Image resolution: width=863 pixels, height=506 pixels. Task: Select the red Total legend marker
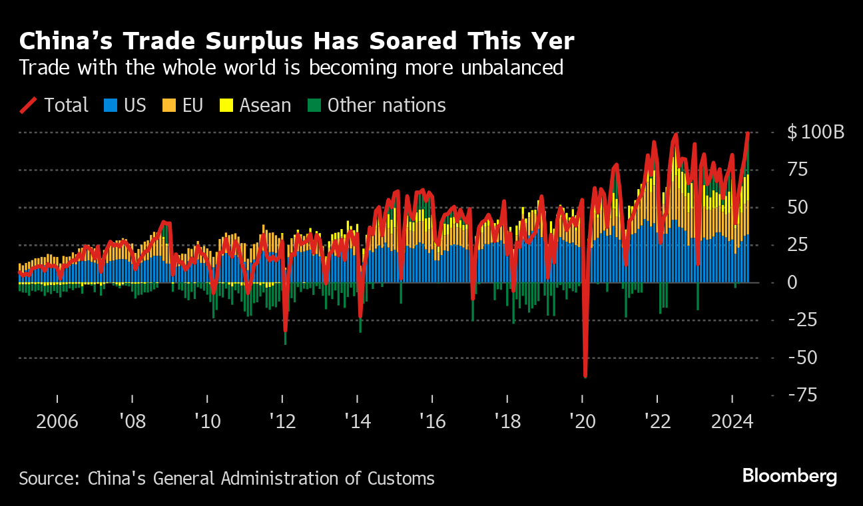28,105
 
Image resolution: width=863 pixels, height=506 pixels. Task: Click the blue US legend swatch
111,105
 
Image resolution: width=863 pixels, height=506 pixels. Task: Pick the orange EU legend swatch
169,105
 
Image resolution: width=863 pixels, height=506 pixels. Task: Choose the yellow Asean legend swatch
226,105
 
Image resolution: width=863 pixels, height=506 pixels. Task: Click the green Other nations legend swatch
314,105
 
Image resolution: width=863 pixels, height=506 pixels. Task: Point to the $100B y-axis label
816,132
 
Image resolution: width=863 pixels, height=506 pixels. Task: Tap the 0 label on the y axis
793,282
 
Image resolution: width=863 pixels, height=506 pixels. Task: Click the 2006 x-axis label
57,421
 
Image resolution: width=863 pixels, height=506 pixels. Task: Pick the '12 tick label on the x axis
283,421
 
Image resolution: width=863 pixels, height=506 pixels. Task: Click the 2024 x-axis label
732,421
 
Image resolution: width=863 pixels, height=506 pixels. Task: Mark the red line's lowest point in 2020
585,377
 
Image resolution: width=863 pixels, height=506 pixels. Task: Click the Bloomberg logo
789,476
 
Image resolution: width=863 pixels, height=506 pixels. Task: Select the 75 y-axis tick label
798,170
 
